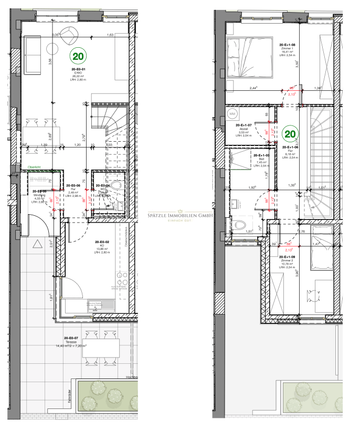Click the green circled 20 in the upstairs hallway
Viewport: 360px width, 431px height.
click(289, 134)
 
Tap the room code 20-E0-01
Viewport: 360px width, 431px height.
click(79, 69)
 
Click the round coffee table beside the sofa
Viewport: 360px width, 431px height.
click(53, 49)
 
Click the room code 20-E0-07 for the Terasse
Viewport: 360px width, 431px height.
click(71, 338)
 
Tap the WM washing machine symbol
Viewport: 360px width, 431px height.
click(232, 113)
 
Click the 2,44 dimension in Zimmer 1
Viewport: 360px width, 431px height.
click(254, 88)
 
